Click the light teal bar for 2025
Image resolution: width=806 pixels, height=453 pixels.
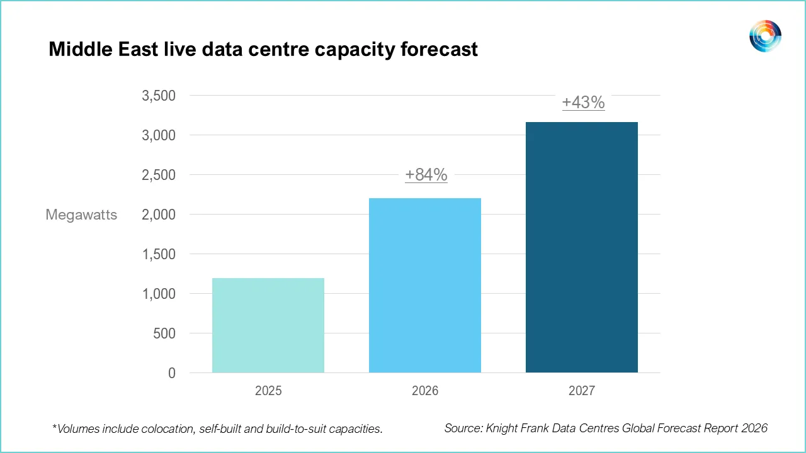tap(268, 325)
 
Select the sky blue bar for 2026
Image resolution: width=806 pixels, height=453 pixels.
tap(425, 285)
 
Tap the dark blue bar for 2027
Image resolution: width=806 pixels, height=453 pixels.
tap(582, 247)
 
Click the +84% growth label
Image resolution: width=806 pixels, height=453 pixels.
tap(426, 175)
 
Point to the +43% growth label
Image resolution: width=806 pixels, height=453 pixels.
tap(583, 103)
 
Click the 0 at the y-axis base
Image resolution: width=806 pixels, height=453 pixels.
tap(172, 373)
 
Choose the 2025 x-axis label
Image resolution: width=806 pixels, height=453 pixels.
tap(268, 391)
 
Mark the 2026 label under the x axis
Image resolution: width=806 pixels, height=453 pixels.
tap(425, 391)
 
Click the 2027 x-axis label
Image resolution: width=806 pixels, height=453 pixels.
tap(582, 391)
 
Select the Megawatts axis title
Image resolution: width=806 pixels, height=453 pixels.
tap(81, 215)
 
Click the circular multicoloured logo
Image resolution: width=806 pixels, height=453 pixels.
tap(765, 36)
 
